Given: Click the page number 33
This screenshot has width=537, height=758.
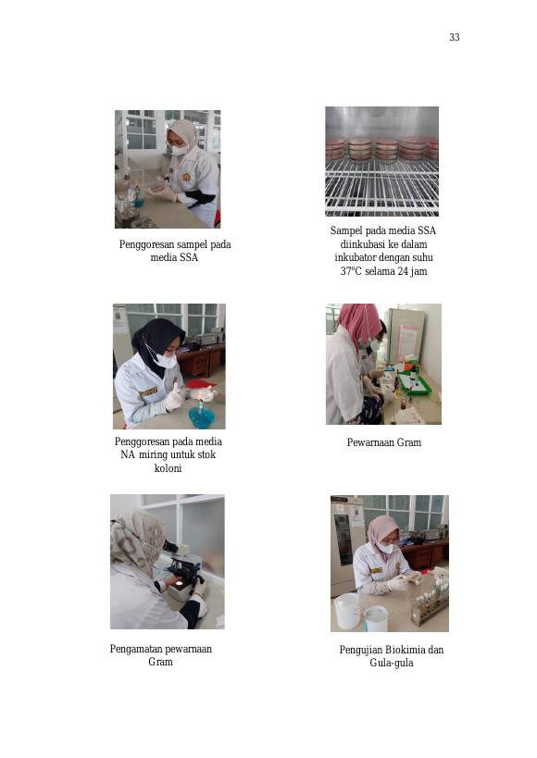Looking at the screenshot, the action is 455,37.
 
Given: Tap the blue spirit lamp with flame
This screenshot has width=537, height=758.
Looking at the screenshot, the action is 201,415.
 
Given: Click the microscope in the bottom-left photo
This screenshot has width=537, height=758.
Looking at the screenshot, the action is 183,571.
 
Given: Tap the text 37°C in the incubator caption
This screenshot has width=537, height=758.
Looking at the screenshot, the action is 351,271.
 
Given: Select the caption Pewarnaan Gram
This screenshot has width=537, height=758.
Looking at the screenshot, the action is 383,442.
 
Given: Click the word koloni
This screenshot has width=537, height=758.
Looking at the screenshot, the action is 168,468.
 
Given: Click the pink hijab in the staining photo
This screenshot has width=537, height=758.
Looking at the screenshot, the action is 359,323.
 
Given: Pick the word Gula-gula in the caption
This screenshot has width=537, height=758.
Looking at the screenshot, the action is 392,663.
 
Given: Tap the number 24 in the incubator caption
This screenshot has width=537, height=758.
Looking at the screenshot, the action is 403,271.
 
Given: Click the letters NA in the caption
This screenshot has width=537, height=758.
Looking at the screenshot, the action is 128,454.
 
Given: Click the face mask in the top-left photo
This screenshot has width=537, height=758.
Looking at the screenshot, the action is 180,150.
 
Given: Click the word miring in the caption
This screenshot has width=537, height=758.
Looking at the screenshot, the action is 154,455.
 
